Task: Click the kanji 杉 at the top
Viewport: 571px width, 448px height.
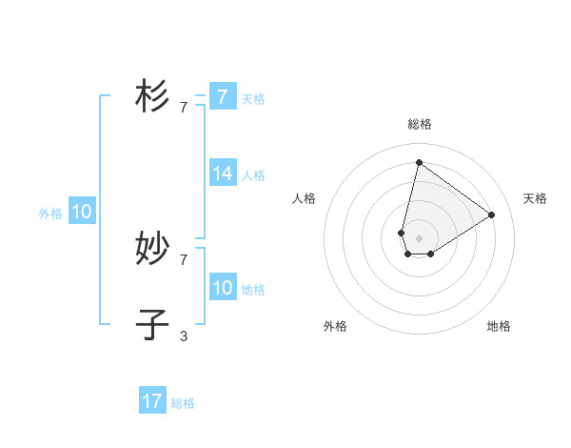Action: coord(152,96)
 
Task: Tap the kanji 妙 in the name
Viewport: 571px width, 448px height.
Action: coord(152,248)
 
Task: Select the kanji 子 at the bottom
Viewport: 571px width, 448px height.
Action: coord(152,324)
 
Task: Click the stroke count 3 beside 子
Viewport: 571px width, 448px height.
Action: coord(184,336)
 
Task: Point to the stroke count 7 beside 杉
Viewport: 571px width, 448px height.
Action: coord(184,108)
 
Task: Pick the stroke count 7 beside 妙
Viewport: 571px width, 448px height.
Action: coord(184,259)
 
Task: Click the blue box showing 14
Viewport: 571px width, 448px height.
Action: coord(223,173)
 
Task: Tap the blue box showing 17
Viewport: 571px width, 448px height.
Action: coord(152,401)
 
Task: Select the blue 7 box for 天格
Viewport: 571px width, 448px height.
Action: coord(223,97)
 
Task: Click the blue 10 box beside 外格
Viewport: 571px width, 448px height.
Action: coord(82,212)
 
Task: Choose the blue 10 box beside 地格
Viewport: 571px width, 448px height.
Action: coord(223,288)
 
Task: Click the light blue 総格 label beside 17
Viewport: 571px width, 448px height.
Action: coord(183,403)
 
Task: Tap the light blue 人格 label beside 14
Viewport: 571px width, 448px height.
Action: coord(253,175)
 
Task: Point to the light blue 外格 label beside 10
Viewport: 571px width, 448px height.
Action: coord(50,214)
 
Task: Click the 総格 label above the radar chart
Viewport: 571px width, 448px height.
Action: coord(419,124)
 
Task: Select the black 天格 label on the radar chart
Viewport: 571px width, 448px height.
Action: coord(535,198)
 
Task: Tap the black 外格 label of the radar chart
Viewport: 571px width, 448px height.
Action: coord(335,326)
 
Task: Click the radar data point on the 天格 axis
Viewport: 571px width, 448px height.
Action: coord(491,214)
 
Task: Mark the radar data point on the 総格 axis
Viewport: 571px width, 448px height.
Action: coord(419,162)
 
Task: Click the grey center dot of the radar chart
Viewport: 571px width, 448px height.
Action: coord(419,238)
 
